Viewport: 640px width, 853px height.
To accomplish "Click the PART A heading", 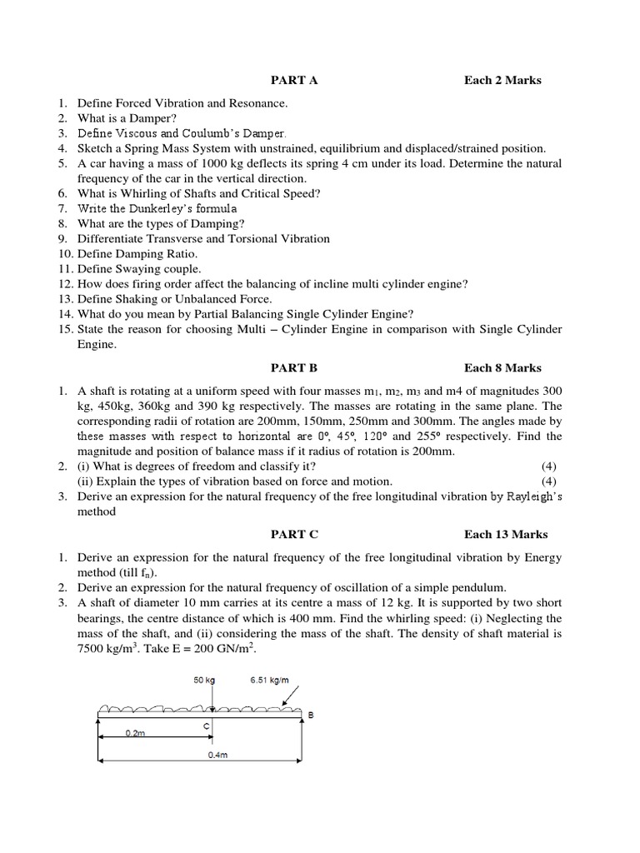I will click(294, 81).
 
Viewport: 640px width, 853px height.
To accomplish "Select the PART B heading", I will click(294, 367).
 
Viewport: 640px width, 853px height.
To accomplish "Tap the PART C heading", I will click(294, 534).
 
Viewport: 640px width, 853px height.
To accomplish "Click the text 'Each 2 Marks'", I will click(502, 81).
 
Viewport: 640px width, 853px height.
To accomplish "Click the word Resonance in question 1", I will click(257, 103).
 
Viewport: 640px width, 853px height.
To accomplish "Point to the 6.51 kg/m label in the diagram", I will click(269, 681).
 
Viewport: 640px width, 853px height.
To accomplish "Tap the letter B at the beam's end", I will click(312, 715).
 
